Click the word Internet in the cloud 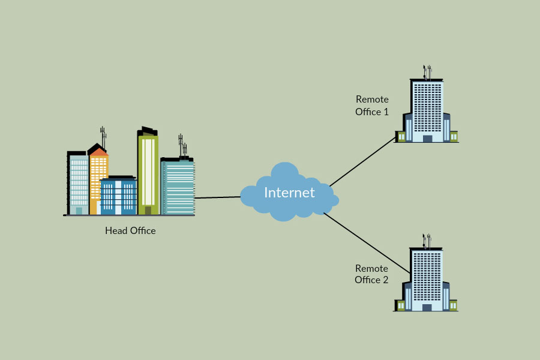pos(289,193)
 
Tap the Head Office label pos(130,230)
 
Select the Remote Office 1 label pos(372,106)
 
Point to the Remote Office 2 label pos(371,274)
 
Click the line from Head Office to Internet pos(217,197)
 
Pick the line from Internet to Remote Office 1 pos(363,162)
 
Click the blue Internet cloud pos(282,207)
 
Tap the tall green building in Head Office pos(148,174)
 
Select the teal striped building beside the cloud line pos(178,186)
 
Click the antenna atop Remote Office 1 pos(427,72)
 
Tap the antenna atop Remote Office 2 pos(427,241)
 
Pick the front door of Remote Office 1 pos(427,139)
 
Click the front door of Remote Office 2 pos(427,308)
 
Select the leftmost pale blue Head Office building pos(79,183)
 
